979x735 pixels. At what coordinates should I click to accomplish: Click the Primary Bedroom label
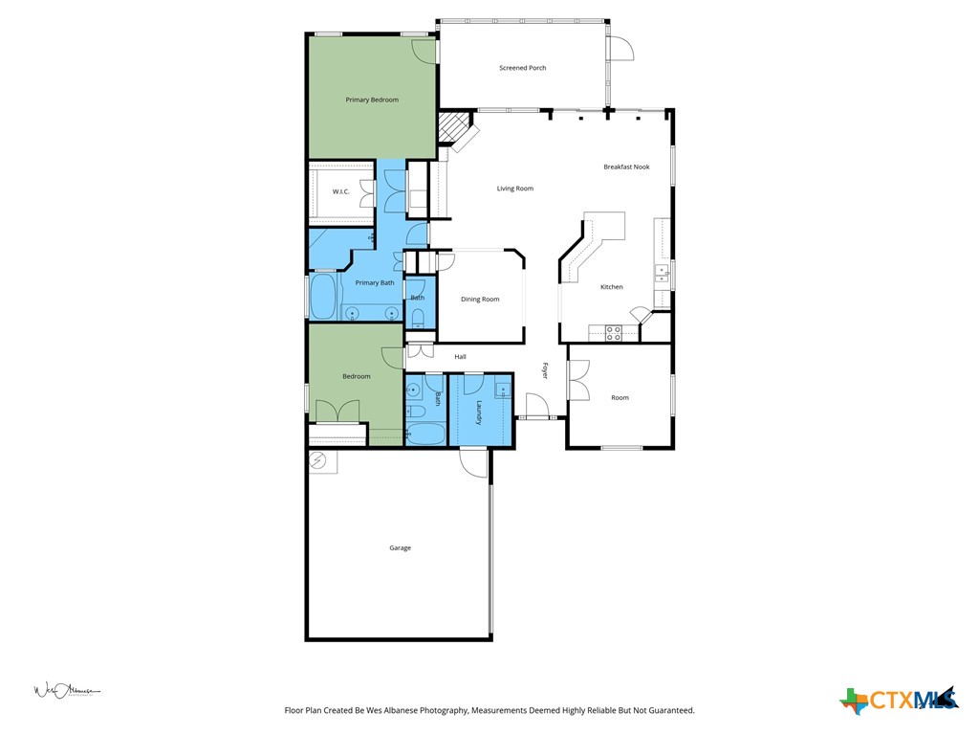372,100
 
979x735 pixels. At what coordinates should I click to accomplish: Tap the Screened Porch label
523,68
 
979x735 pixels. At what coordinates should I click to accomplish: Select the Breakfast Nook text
626,167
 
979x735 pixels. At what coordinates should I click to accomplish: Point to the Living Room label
514,189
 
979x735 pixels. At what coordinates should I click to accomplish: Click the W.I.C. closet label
341,191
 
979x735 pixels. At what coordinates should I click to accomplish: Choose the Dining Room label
480,300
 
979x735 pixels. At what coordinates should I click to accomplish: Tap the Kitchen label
611,287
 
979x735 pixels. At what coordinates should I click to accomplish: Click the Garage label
400,548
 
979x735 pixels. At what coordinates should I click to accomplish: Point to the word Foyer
545,370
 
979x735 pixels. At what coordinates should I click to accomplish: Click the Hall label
460,357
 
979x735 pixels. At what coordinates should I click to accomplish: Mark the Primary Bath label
374,282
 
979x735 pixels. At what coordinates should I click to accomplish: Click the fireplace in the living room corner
457,131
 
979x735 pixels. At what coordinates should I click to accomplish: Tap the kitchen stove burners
613,332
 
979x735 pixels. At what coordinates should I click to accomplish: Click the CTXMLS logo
899,700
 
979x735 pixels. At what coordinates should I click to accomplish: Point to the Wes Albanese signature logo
67,690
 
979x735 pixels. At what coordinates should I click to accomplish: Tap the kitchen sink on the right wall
662,275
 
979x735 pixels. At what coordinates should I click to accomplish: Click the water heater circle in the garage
317,461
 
